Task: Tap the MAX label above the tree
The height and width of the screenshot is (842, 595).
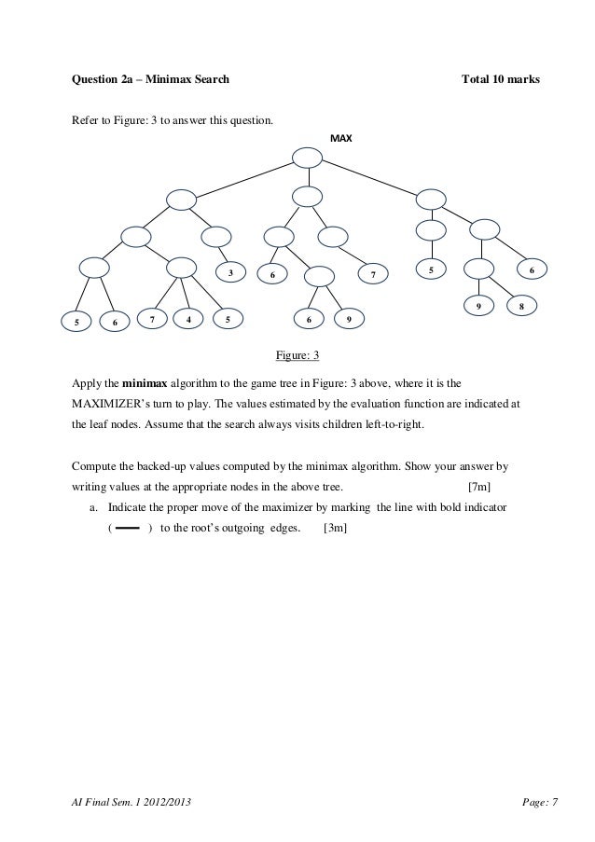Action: (x=341, y=139)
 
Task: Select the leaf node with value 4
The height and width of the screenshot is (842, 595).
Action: (x=189, y=319)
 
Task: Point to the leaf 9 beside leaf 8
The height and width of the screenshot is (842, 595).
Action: (x=478, y=306)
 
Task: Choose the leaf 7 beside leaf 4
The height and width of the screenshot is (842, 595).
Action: (x=151, y=319)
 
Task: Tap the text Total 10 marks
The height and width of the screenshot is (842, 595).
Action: (x=501, y=80)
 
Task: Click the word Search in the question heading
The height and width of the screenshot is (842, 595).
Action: (x=211, y=80)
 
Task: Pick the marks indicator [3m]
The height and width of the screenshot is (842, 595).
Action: (x=335, y=528)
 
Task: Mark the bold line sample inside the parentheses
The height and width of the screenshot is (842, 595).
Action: (x=129, y=528)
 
